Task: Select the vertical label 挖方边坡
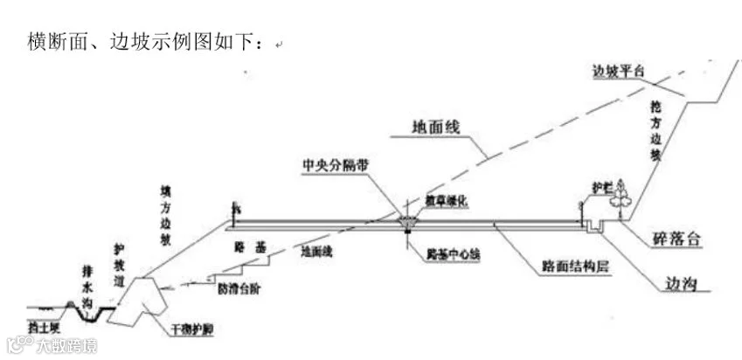tap(654, 131)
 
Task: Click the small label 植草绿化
tap(448, 199)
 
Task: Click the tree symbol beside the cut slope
tap(621, 195)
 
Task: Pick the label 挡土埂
tap(43, 326)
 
